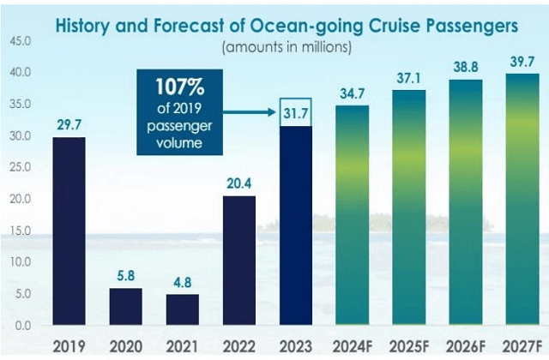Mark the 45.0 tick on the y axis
21,41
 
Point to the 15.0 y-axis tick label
21,231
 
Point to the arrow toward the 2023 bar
253,111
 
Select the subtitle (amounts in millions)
287,47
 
